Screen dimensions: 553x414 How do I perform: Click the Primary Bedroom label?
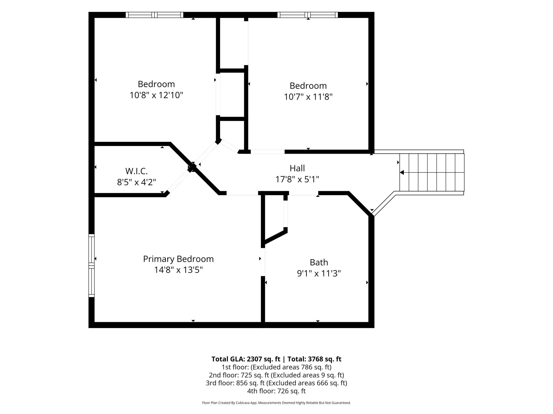(178, 259)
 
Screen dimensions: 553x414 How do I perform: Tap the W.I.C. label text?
(136, 171)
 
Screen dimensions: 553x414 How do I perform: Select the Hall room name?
(297, 168)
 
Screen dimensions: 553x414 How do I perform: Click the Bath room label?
(319, 262)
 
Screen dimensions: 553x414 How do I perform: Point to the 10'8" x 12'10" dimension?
(156, 95)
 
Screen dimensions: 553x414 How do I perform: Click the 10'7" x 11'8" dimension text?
(308, 97)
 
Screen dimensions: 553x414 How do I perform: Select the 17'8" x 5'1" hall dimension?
(297, 179)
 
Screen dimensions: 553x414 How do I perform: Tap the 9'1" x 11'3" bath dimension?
(319, 273)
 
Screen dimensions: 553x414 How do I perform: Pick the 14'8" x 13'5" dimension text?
(178, 270)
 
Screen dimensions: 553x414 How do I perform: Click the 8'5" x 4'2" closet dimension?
(136, 182)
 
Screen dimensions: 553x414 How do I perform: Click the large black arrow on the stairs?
(402, 172)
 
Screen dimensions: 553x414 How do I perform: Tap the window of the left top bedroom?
(154, 15)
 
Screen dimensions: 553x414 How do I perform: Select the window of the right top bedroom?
(308, 15)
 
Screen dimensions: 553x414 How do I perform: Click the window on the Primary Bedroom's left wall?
(91, 265)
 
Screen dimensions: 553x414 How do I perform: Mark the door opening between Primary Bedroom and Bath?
(263, 262)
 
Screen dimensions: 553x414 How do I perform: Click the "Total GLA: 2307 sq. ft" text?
(246, 359)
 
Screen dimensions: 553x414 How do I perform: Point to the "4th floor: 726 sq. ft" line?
(276, 391)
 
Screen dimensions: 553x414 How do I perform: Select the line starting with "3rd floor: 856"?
(276, 383)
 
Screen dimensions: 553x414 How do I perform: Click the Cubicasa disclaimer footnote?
(276, 403)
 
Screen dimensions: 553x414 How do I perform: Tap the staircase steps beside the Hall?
(432, 172)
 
